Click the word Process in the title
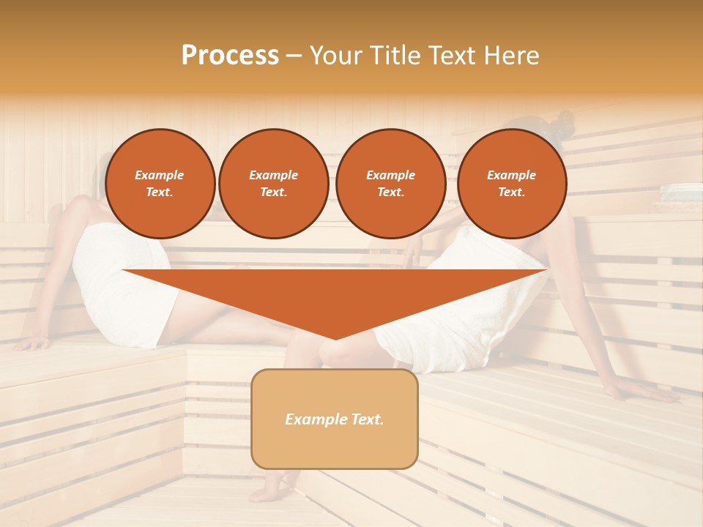[x=230, y=55]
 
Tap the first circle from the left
[x=160, y=184]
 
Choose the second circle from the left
[x=273, y=184]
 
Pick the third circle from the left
[x=390, y=184]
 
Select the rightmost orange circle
[x=512, y=184]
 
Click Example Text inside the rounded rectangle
[x=335, y=419]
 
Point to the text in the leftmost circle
[x=160, y=184]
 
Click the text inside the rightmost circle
[x=512, y=184]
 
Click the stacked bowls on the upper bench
[x=681, y=193]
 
